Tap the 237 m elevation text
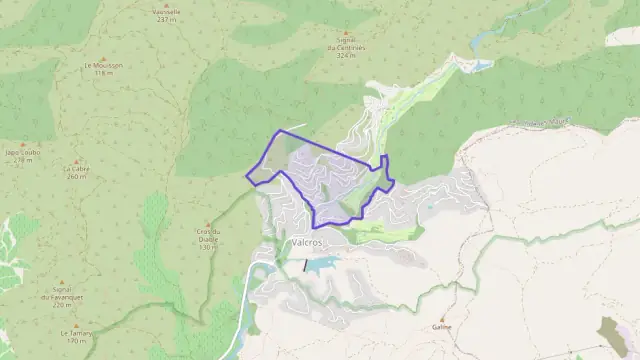tap(166, 19)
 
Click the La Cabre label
tap(77, 169)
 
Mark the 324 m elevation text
tap(347, 55)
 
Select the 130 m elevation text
tap(207, 246)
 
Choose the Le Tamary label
tap(76, 333)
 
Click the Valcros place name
tap(304, 242)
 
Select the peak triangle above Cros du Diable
tap(207, 224)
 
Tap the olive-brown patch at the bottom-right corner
tap(611, 334)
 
